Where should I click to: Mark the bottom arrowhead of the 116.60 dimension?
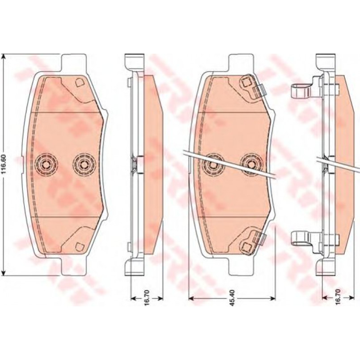[x=3, y=272]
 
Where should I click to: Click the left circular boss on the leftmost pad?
[x=47, y=164]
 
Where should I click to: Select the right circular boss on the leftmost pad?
[x=83, y=164]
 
